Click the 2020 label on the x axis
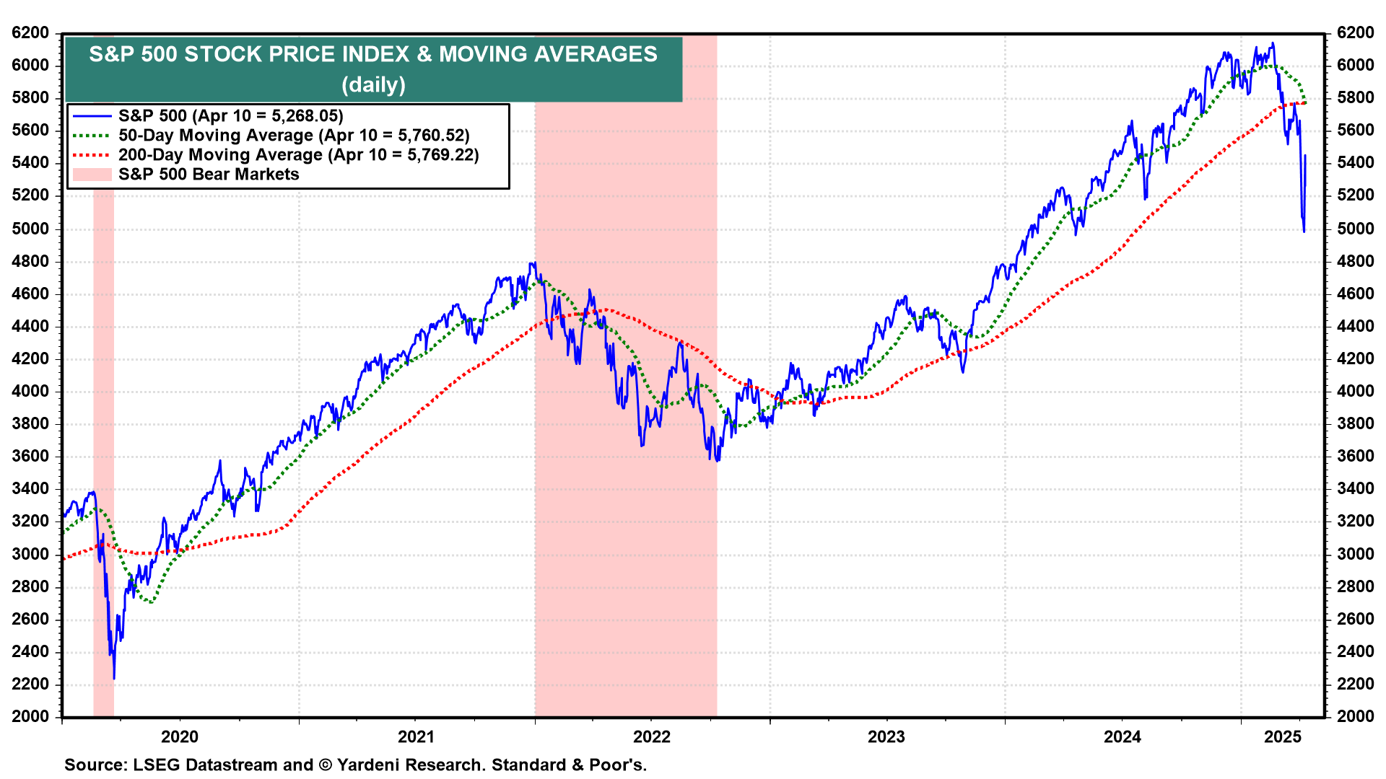click(179, 736)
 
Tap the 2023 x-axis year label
click(886, 736)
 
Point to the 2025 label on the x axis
click(1283, 736)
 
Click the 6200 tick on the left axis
click(30, 32)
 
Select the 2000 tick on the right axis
click(1355, 716)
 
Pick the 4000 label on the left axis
click(30, 391)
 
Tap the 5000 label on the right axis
click(1355, 229)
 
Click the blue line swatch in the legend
click(92, 115)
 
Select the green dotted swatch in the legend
click(92, 136)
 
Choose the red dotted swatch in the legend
click(92, 155)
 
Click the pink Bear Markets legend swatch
click(92, 175)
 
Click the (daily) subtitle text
click(373, 84)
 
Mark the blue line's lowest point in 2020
click(114, 678)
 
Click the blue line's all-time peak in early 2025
click(1273, 43)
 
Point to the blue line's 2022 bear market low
click(716, 460)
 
